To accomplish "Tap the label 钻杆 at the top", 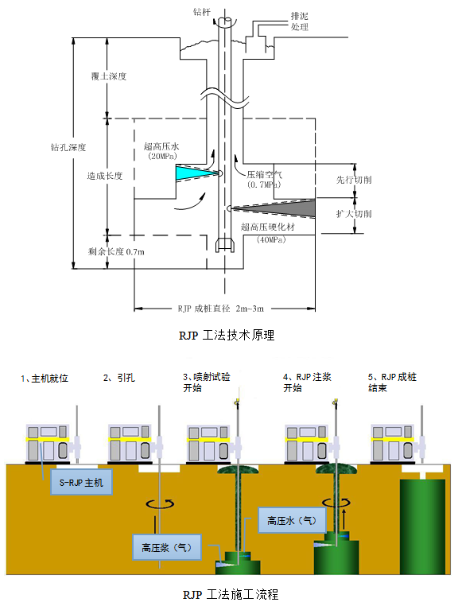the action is tap(202, 12).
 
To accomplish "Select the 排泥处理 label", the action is tap(300, 21).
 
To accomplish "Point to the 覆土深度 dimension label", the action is tap(109, 76).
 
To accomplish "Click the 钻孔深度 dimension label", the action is tap(68, 147).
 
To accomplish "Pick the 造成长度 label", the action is tap(105, 176).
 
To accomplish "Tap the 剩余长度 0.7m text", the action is tap(116, 251).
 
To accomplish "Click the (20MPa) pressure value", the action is tap(162, 156).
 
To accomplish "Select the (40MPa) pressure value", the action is tap(271, 239).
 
